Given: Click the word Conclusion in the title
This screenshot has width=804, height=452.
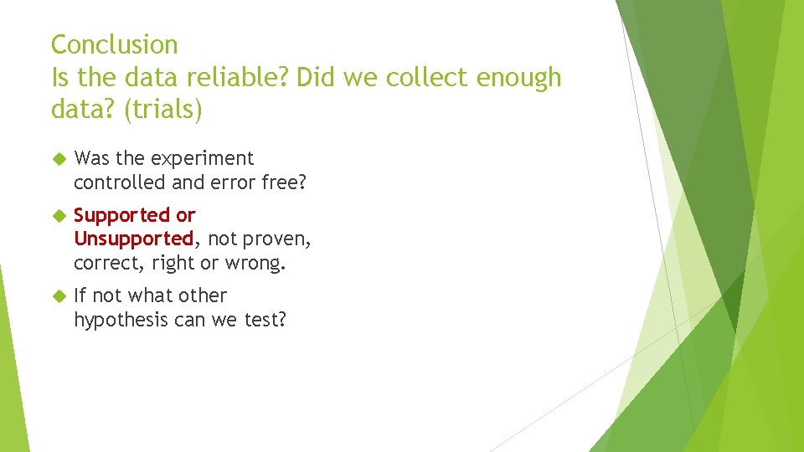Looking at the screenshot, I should (115, 44).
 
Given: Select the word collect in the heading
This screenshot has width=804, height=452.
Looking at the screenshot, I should (425, 78).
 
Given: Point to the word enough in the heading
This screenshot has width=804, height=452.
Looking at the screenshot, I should (519, 78).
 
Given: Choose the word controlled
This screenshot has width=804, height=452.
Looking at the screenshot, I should (121, 182).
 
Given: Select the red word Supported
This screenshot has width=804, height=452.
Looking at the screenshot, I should (122, 216).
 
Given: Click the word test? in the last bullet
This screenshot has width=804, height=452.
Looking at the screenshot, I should (265, 319).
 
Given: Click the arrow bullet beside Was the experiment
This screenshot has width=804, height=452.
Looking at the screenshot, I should (58, 158).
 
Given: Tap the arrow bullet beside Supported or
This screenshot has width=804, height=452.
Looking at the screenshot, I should (58, 216).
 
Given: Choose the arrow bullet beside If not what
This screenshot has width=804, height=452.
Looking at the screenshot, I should (58, 295).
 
